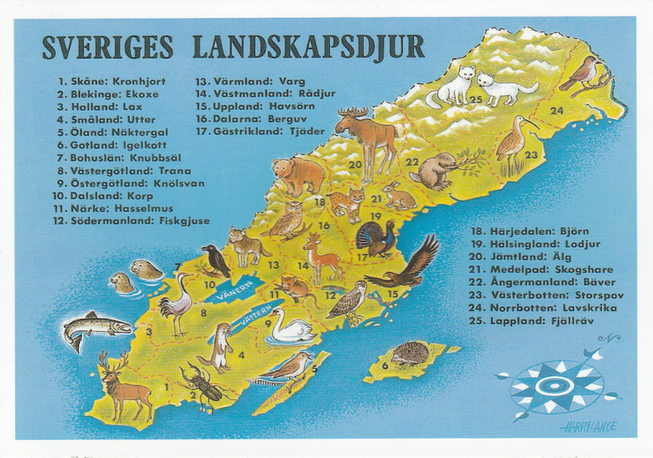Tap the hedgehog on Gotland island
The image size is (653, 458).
point(411,353)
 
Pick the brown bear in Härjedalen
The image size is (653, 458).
point(298,174)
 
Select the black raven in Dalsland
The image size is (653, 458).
point(216,260)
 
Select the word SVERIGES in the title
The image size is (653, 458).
point(107,47)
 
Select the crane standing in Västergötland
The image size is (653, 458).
point(176,305)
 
